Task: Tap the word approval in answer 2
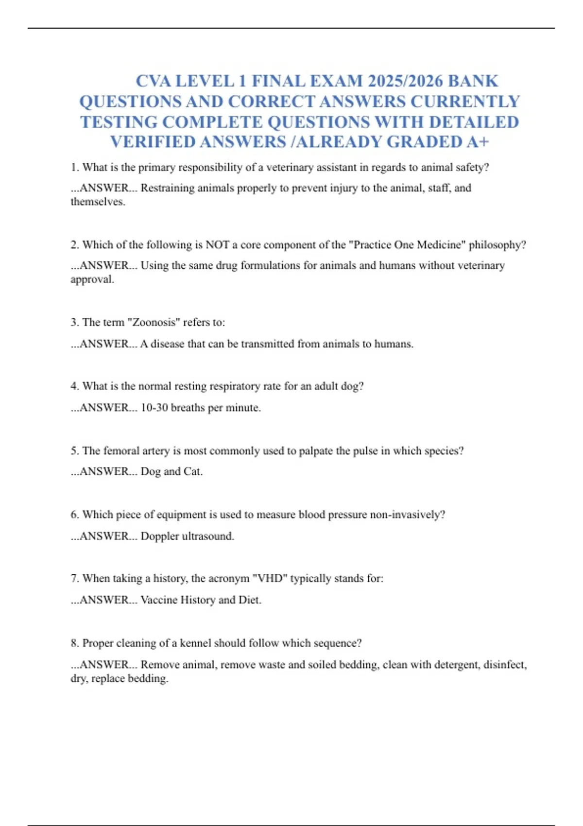click(x=91, y=279)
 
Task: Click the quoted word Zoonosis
click(x=156, y=322)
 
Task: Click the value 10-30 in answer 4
click(x=154, y=408)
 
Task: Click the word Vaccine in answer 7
click(x=159, y=600)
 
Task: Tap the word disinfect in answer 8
click(x=505, y=664)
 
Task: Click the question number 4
click(x=74, y=386)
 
